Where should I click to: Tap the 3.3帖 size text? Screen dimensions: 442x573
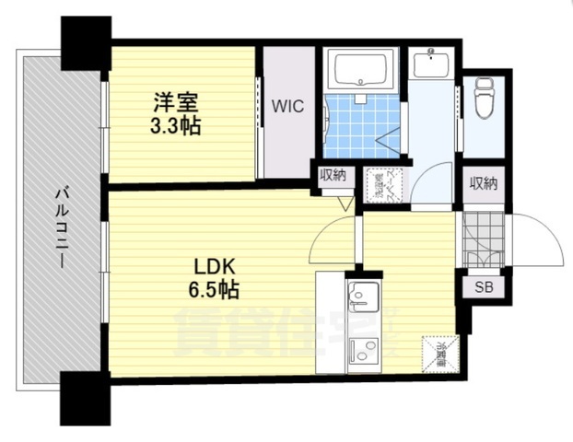tap(175, 125)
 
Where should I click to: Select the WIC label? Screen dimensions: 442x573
tap(287, 107)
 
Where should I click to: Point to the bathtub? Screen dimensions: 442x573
tap(361, 69)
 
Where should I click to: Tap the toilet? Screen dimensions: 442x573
tap(483, 99)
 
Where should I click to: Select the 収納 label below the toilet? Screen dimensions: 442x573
tap(483, 183)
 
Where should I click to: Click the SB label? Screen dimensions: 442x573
tap(483, 286)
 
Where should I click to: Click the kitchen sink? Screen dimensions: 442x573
tap(360, 296)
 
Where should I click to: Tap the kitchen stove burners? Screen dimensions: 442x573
tap(363, 350)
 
